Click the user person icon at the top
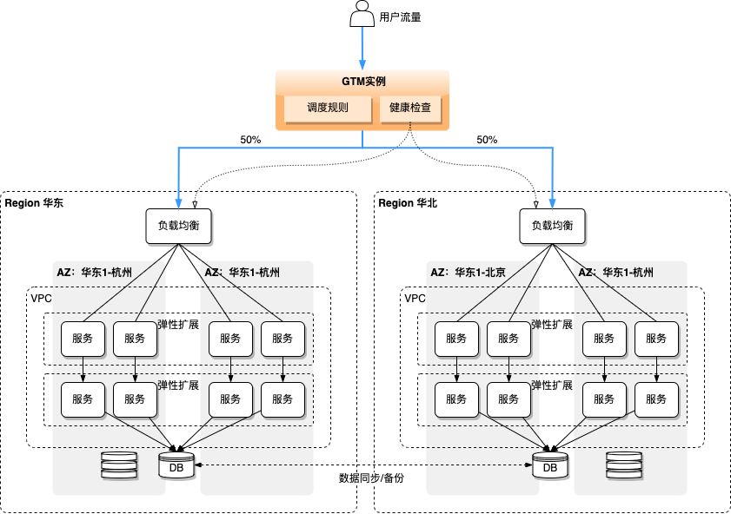(x=362, y=15)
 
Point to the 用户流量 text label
(x=401, y=16)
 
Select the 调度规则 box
(x=328, y=109)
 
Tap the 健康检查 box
(x=410, y=109)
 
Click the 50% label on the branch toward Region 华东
(x=250, y=140)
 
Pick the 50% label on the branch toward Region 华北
(x=488, y=140)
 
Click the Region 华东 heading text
(x=34, y=203)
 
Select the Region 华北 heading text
(x=409, y=203)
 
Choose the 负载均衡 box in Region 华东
(x=178, y=225)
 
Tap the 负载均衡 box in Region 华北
(x=552, y=225)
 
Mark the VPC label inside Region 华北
(x=415, y=298)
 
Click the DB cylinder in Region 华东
(x=176, y=465)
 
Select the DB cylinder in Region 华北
(x=550, y=465)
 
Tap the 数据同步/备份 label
(x=371, y=478)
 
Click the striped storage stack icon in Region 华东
(x=119, y=465)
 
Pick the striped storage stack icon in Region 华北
(x=624, y=465)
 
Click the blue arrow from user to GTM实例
(x=362, y=49)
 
